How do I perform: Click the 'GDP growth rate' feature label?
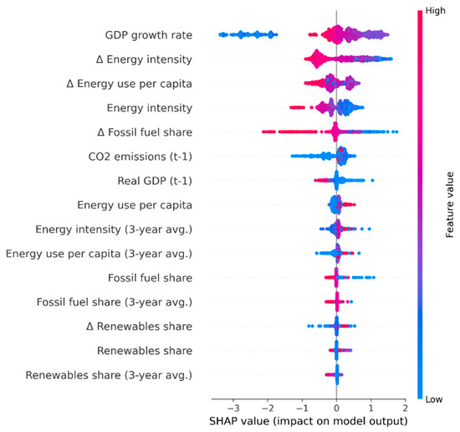[149, 35]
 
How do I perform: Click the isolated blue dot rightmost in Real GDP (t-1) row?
[372, 180]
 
